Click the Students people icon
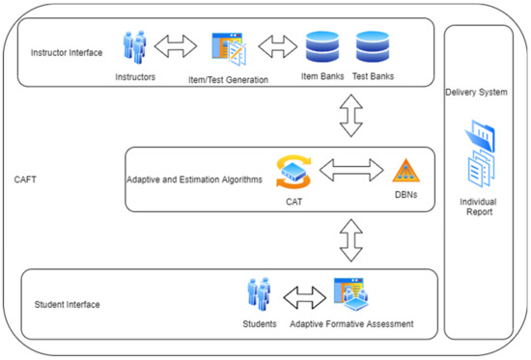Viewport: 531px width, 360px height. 258,293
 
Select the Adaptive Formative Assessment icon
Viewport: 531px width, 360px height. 351,293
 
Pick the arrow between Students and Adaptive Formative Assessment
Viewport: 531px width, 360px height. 304,293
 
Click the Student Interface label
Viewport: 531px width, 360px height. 68,305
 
